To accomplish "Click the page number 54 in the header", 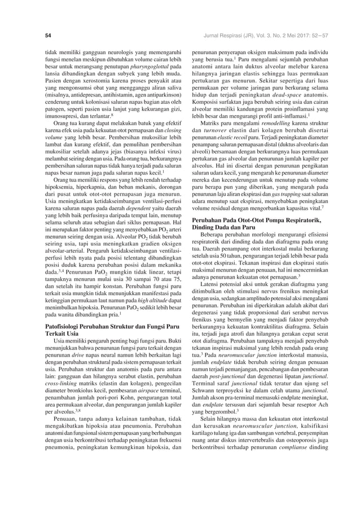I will coord(49,35).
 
